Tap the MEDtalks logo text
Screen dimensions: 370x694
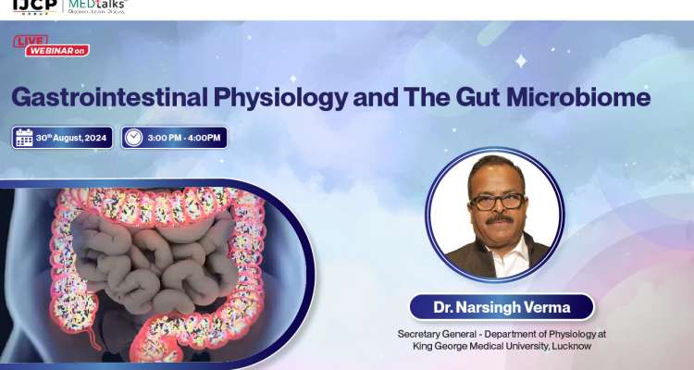pyautogui.click(x=98, y=6)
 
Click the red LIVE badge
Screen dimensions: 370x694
pyautogui.click(x=31, y=40)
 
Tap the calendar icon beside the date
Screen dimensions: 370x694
pyautogui.click(x=24, y=138)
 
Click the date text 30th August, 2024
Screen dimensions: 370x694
pyautogui.click(x=71, y=138)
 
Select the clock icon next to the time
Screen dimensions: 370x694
pyautogui.click(x=134, y=138)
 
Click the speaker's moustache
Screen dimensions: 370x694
pyautogui.click(x=500, y=220)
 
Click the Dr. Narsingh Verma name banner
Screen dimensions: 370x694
pyautogui.click(x=501, y=306)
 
